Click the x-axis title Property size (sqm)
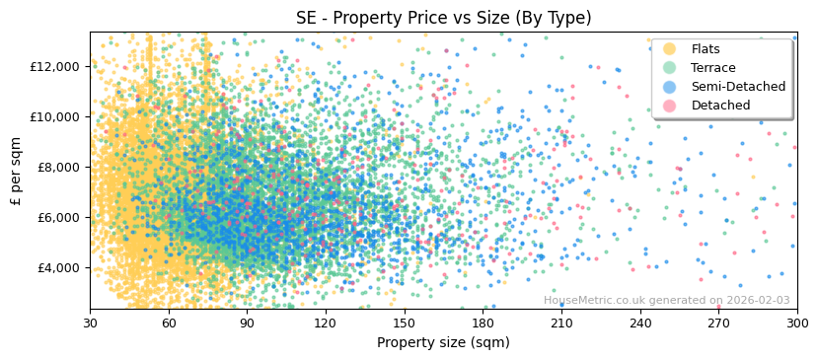(x=443, y=343)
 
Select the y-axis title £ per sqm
(x=17, y=171)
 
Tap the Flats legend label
(x=706, y=49)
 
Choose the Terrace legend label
(x=713, y=68)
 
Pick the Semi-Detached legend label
(x=738, y=87)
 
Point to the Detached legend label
(x=720, y=106)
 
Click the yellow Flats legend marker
(x=670, y=49)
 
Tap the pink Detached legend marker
(x=670, y=106)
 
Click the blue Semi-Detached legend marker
(x=670, y=87)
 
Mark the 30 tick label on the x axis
(x=90, y=324)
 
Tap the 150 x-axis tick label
(x=405, y=324)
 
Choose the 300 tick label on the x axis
(x=797, y=324)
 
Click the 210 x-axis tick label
(x=561, y=324)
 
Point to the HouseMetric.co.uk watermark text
(x=666, y=301)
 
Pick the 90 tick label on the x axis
(x=247, y=324)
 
